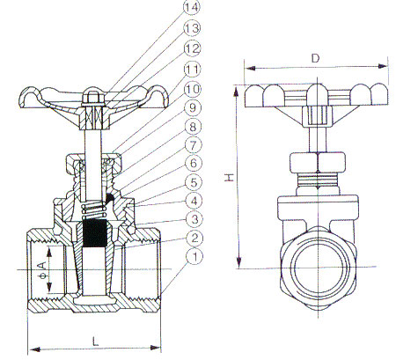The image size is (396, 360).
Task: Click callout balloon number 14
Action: (192, 7)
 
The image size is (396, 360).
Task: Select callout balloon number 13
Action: (192, 28)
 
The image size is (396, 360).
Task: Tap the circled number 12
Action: (192, 48)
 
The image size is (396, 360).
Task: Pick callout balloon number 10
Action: (193, 89)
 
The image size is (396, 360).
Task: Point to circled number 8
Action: (193, 127)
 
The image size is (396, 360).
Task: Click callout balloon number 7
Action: (194, 145)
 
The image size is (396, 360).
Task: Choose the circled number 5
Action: (194, 182)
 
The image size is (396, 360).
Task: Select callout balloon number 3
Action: (194, 219)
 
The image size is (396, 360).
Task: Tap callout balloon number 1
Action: (194, 256)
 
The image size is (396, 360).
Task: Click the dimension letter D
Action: (315, 58)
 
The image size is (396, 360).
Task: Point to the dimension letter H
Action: (230, 177)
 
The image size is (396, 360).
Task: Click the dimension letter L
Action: (95, 342)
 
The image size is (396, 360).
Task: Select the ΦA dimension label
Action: (43, 270)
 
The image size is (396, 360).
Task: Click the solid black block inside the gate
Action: (95, 232)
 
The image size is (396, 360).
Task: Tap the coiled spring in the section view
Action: (94, 210)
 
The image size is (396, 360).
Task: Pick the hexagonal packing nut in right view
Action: (318, 162)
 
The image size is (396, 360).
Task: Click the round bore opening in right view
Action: (319, 268)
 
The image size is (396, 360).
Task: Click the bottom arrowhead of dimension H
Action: (239, 262)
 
